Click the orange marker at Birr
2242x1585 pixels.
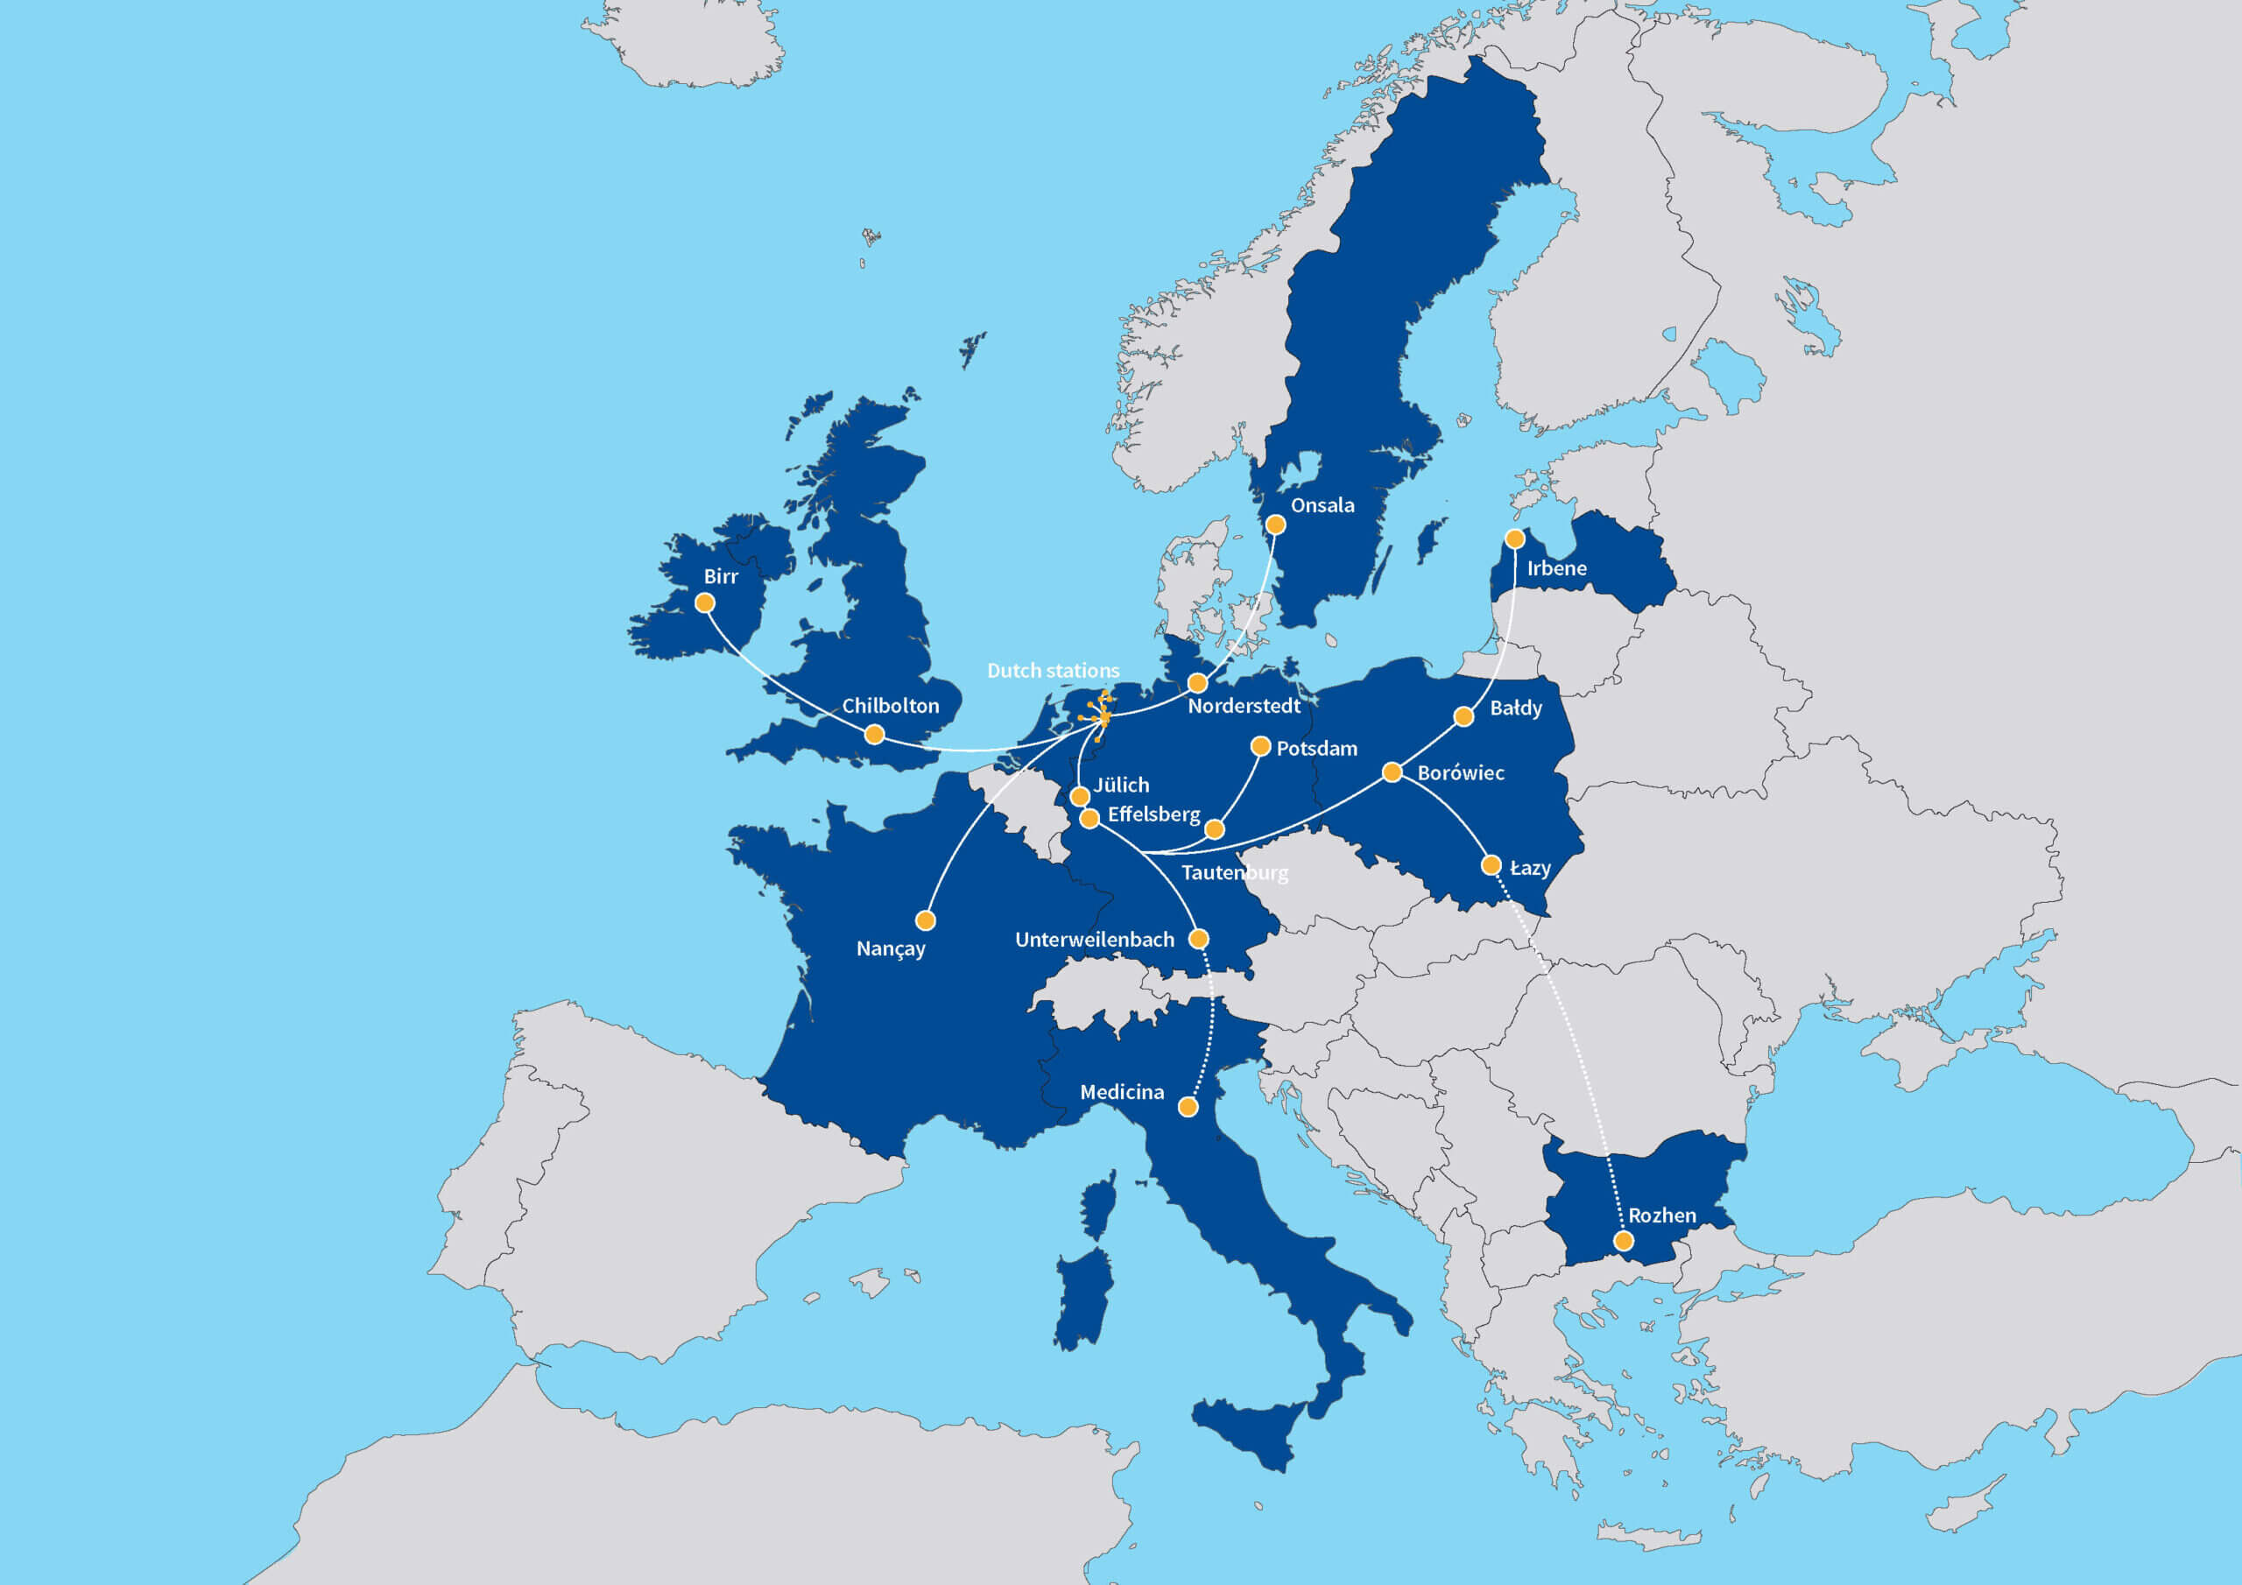pos(704,603)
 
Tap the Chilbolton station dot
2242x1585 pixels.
pos(875,735)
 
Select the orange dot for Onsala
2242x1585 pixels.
pos(1275,525)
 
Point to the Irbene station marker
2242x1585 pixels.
pos(1514,539)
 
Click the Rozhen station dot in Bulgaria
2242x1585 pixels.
pos(1623,1241)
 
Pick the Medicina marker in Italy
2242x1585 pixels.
pos(1188,1107)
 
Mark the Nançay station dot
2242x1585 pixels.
pos(926,920)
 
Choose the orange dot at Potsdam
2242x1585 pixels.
pos(1260,747)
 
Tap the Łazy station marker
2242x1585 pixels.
pos(1491,865)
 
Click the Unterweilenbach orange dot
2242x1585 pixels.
pos(1199,939)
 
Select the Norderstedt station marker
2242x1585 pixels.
pos(1197,683)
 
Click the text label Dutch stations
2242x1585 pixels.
pos(1053,671)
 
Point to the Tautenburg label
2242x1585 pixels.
pos(1234,872)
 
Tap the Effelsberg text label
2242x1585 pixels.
pos(1153,814)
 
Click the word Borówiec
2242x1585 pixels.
pos(1460,772)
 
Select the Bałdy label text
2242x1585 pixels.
pos(1515,708)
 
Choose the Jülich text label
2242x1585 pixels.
pos(1121,785)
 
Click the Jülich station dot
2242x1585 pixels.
pos(1080,797)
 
